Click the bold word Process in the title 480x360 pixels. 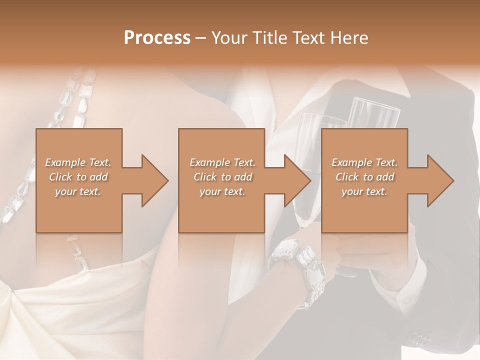(157, 38)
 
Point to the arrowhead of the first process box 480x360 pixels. (155, 180)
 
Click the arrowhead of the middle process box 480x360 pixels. (298, 180)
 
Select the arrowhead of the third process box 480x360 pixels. (440, 180)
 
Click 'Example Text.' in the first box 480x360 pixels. (78, 162)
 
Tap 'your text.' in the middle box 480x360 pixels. (222, 191)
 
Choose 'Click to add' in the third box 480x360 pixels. (364, 177)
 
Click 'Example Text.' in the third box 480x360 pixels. (364, 162)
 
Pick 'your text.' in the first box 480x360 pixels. (78, 191)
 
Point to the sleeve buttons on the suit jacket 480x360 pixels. (419, 340)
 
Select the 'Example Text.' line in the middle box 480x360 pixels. (222, 162)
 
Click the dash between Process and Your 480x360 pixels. (201, 38)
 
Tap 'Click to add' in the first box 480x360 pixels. (78, 177)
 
